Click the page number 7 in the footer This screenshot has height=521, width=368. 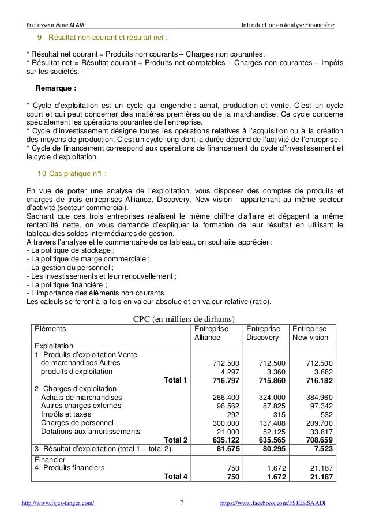click(x=182, y=503)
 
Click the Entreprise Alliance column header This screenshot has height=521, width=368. click(x=210, y=333)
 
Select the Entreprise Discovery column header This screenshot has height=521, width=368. click(x=262, y=333)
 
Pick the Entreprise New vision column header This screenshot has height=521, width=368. click(x=310, y=333)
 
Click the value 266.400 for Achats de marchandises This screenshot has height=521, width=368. click(x=226, y=398)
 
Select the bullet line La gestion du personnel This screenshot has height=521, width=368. click(x=69, y=267)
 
